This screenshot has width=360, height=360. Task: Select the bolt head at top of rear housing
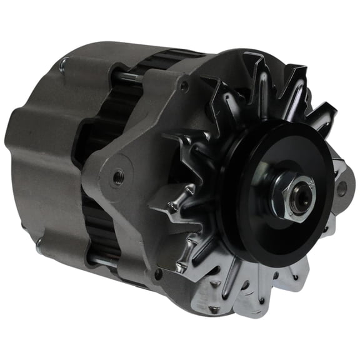coord(64,62)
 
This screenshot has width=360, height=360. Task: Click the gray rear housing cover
coord(44,156)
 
